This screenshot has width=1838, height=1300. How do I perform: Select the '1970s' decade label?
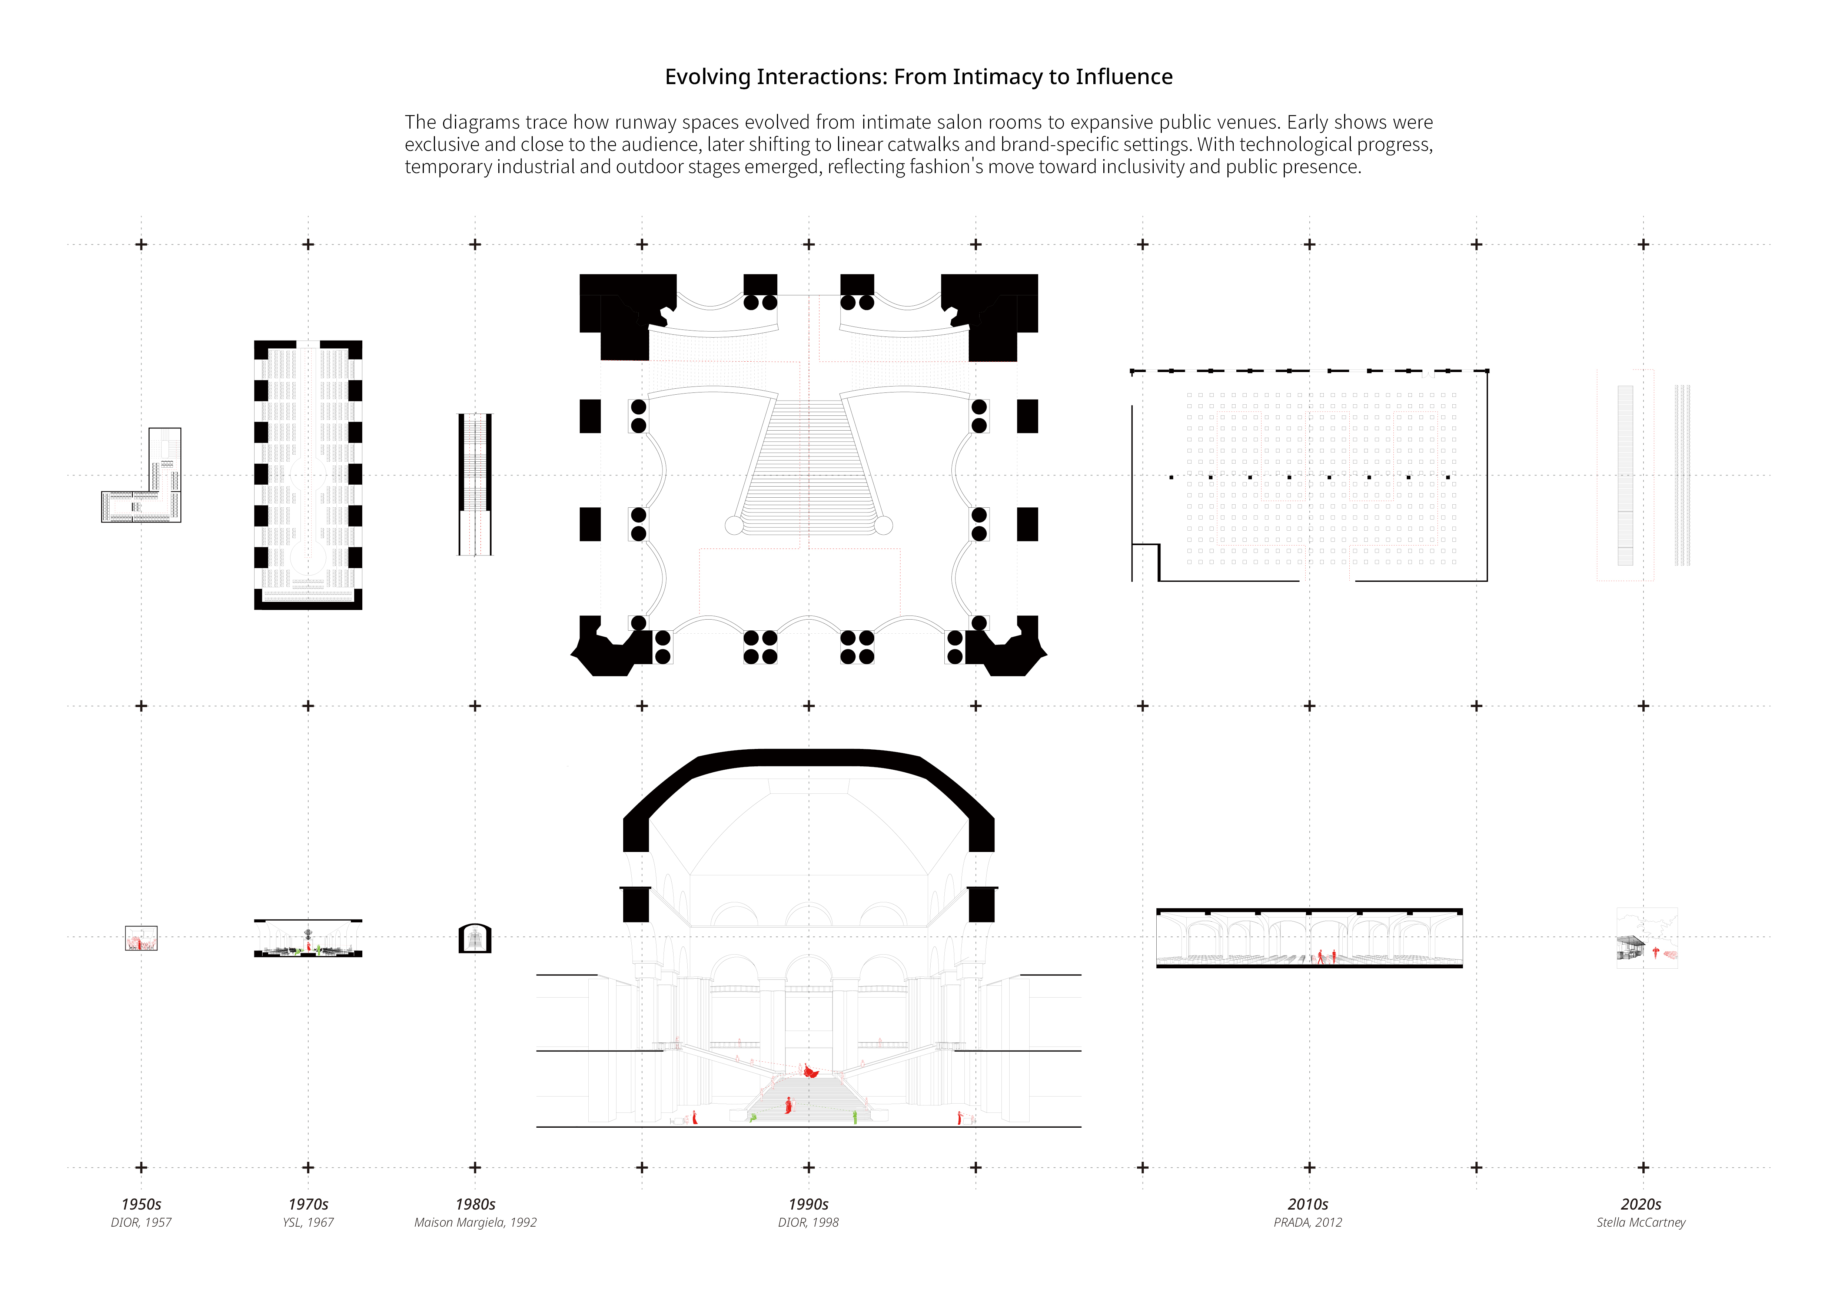(x=308, y=1204)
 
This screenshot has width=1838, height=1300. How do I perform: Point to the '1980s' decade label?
(x=475, y=1204)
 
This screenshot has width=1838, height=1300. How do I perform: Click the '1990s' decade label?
(x=808, y=1204)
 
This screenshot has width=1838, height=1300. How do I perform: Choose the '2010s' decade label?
(x=1308, y=1204)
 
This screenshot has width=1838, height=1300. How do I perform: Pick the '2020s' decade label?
(x=1641, y=1204)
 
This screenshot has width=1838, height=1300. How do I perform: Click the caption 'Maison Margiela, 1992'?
(x=475, y=1222)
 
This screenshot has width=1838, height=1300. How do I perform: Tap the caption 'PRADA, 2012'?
(x=1308, y=1222)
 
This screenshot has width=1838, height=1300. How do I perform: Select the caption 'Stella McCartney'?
(x=1641, y=1222)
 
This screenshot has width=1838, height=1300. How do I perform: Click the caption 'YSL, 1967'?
(x=308, y=1222)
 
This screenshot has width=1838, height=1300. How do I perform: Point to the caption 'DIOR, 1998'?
(x=808, y=1222)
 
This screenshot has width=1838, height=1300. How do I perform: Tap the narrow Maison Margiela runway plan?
(x=475, y=484)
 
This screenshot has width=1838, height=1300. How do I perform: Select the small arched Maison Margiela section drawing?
(x=475, y=938)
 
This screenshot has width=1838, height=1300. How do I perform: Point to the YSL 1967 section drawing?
(x=308, y=938)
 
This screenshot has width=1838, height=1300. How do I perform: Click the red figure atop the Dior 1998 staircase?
(x=811, y=1071)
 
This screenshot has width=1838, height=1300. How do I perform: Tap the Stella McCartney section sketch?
(x=1647, y=938)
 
